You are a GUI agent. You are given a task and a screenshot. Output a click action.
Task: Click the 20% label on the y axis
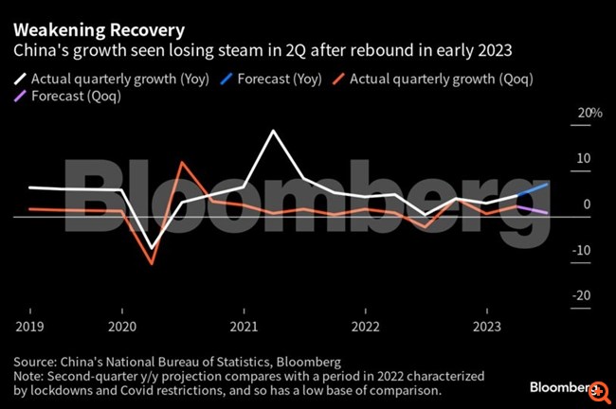click(589, 114)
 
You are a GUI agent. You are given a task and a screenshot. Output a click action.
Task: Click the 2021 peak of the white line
click(274, 131)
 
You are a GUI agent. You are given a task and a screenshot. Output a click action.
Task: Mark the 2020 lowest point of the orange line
click(152, 263)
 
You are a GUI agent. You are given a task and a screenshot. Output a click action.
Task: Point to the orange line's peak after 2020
click(182, 163)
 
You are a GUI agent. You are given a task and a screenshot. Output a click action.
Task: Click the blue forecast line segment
click(533, 190)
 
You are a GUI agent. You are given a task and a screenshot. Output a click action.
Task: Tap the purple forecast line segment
click(533, 210)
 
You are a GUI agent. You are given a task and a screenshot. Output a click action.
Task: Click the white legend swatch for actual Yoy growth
click(20, 79)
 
